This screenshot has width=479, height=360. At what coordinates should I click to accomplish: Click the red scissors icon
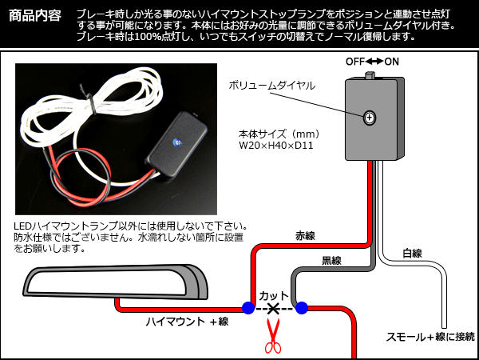point(273,336)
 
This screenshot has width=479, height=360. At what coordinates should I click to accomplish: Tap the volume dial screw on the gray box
point(370,118)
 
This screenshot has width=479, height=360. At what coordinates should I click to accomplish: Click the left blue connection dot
point(247,307)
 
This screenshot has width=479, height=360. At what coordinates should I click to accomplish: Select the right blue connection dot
point(302,307)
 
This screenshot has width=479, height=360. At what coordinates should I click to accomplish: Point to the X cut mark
point(275,307)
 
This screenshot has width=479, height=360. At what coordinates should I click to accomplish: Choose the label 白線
point(412,254)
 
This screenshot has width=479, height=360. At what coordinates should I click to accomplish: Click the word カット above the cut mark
point(275,294)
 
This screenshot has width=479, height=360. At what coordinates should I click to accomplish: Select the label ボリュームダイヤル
point(272,85)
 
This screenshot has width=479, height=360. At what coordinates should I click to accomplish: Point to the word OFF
point(356,62)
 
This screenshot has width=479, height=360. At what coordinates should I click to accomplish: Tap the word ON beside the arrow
point(392,62)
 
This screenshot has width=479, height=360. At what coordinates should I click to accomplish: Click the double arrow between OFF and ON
point(374,62)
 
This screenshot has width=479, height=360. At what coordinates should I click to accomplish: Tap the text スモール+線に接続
point(430,337)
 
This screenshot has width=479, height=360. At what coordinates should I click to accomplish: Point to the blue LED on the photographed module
point(176,142)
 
